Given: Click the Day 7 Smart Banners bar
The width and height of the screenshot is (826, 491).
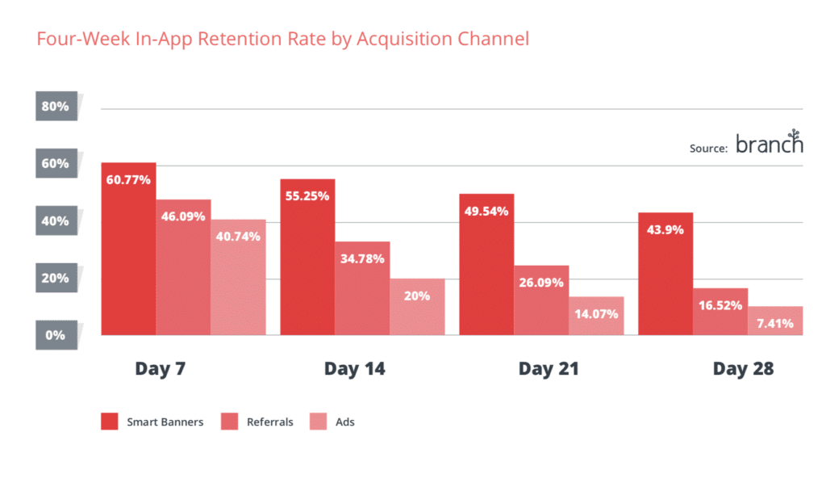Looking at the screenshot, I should (x=128, y=250).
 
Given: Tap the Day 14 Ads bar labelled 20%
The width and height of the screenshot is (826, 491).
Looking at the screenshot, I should (x=417, y=307).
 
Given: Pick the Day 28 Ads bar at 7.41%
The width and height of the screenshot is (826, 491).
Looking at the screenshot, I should (x=775, y=321).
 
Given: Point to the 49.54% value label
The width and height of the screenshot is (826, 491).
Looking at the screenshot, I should (x=486, y=212).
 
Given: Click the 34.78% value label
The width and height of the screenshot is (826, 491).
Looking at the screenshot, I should (x=362, y=259).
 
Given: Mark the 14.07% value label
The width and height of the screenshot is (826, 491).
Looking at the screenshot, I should (x=596, y=313).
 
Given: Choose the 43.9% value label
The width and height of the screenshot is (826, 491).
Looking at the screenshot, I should (x=665, y=229).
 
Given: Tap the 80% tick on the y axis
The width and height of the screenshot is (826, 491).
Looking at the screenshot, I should (x=56, y=106).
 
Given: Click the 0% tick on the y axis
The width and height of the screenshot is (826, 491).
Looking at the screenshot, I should (x=56, y=334).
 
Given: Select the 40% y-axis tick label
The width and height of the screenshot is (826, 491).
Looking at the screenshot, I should (x=56, y=220).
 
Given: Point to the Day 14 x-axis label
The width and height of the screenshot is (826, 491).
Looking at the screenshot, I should (x=354, y=369).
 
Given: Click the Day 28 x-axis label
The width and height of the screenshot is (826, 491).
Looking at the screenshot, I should (x=743, y=369).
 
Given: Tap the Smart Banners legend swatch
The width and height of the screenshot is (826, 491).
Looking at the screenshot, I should (x=110, y=422).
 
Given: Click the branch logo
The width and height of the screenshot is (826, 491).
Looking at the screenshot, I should (x=770, y=144).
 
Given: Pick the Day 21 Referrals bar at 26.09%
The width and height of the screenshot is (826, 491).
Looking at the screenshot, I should (x=541, y=300).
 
